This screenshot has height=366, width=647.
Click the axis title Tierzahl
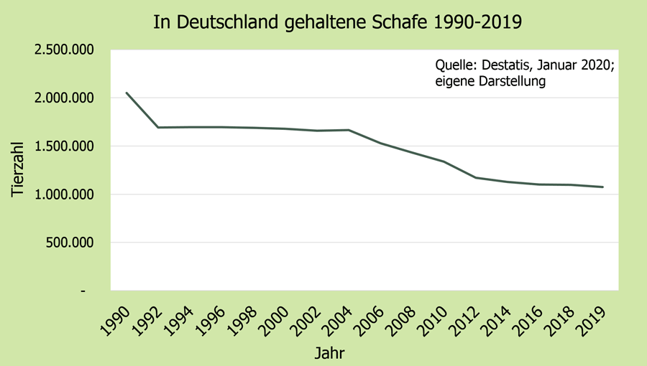point(19,170)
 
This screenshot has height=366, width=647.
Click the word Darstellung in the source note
point(510,81)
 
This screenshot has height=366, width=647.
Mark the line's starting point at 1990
point(127,93)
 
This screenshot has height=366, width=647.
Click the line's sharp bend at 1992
point(158,128)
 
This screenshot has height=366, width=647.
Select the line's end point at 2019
point(602,187)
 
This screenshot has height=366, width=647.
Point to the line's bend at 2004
point(349,130)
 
